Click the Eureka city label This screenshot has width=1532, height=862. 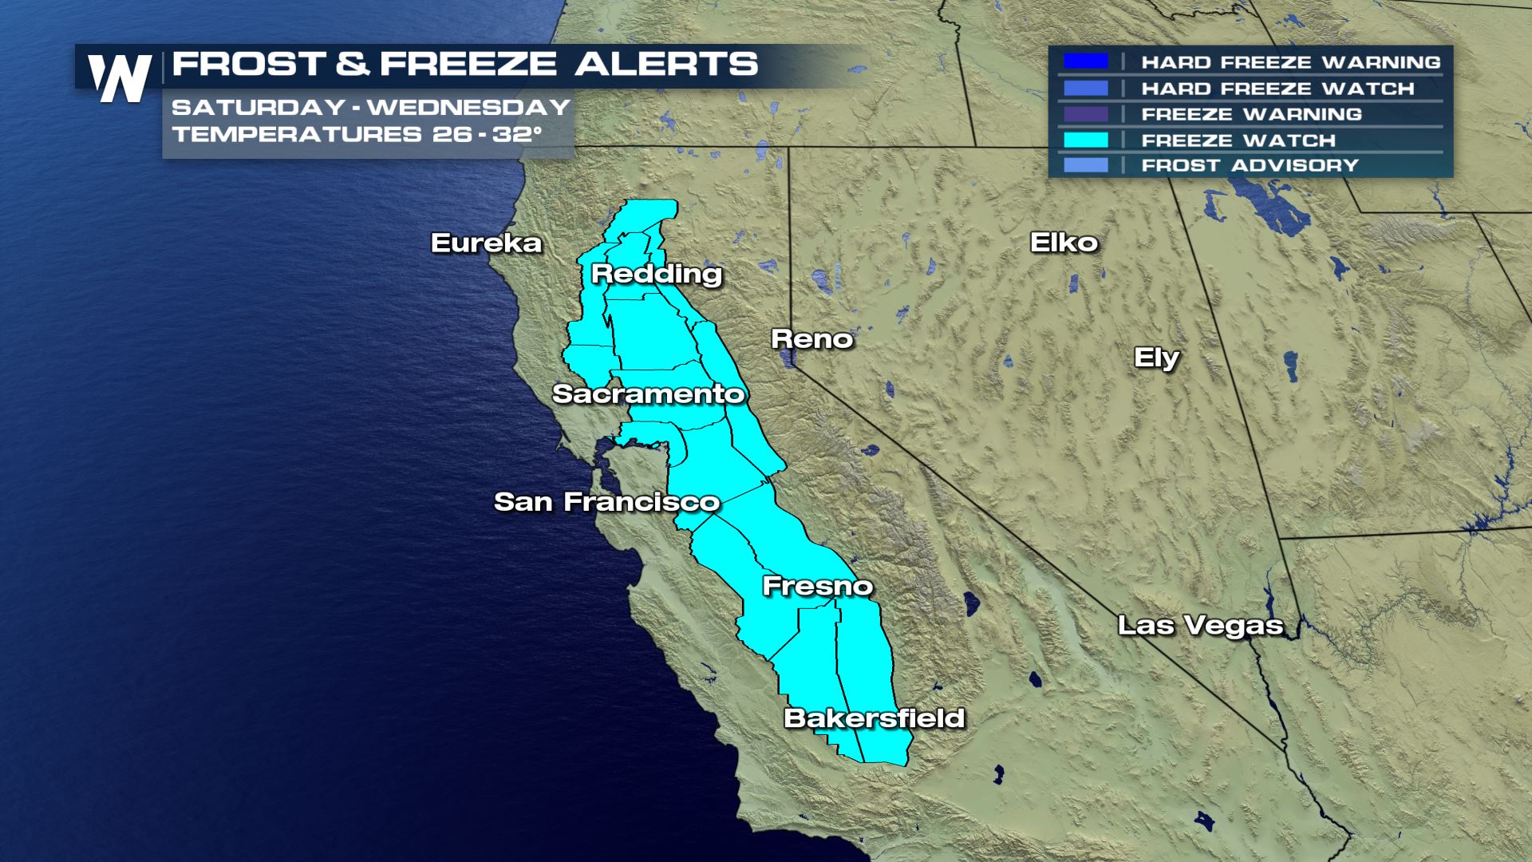(x=486, y=243)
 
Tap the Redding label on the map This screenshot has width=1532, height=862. (x=657, y=274)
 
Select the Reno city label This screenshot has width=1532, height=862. (x=811, y=339)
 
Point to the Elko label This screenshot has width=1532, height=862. (x=1064, y=243)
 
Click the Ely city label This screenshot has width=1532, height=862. (x=1156, y=358)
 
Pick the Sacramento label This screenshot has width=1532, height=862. (x=648, y=393)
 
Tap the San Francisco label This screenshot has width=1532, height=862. (x=606, y=501)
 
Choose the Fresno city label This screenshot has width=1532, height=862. (x=818, y=586)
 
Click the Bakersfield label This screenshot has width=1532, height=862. (x=875, y=718)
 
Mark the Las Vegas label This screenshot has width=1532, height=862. (x=1200, y=624)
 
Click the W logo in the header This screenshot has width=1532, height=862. (x=120, y=77)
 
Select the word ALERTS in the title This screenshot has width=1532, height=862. (x=666, y=64)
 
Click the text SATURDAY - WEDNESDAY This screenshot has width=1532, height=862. (x=371, y=107)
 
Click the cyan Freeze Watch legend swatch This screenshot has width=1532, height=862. (x=1085, y=140)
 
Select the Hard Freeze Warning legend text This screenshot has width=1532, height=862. (x=1290, y=62)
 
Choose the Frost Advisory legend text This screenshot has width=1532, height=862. (x=1250, y=165)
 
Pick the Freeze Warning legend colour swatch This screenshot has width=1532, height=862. (x=1085, y=114)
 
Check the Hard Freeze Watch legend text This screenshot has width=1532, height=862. (x=1277, y=89)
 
